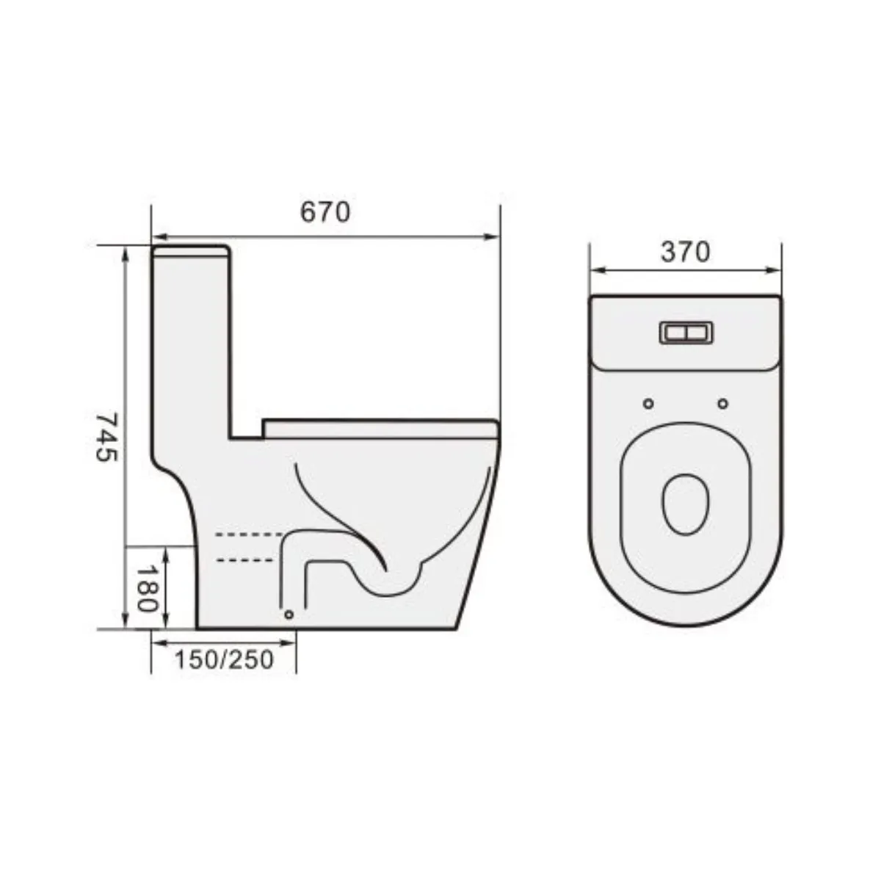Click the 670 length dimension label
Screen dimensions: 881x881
(325, 212)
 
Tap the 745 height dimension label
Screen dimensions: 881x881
(107, 436)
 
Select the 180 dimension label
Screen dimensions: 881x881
(146, 589)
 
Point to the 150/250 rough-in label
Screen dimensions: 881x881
(224, 659)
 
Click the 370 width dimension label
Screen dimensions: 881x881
(685, 252)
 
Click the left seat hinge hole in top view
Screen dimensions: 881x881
(648, 403)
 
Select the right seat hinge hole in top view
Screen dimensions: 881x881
(722, 403)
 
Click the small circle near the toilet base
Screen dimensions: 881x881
(289, 614)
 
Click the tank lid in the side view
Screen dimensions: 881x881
(192, 252)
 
